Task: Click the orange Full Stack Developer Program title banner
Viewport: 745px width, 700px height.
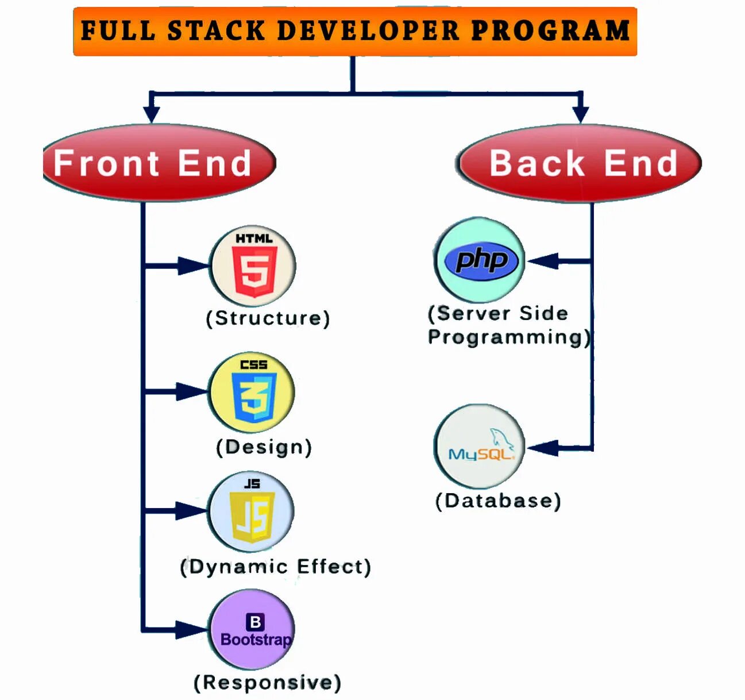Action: [x=355, y=32]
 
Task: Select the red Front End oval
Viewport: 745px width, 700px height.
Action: [x=159, y=163]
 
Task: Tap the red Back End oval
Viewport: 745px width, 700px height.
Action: [x=580, y=163]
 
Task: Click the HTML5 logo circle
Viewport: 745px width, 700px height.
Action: [x=253, y=266]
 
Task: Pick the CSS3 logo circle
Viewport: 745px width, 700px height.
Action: [x=252, y=392]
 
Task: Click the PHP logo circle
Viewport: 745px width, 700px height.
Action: [x=480, y=260]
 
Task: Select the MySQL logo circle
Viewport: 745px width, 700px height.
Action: [x=480, y=447]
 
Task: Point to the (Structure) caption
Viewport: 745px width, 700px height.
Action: [x=268, y=318]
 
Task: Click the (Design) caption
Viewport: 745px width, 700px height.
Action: [x=264, y=447]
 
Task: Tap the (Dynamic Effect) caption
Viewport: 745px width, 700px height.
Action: [x=276, y=567]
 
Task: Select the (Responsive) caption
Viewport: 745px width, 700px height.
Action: [x=268, y=683]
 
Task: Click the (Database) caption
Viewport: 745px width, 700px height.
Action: [x=498, y=501]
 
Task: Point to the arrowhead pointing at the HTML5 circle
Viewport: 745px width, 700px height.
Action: [x=192, y=266]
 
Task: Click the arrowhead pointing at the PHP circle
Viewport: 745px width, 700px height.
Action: [x=543, y=261]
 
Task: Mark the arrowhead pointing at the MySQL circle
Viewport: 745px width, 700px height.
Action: [x=543, y=448]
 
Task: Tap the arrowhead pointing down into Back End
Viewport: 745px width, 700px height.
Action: [x=580, y=113]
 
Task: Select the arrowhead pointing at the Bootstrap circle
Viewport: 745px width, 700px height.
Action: [x=191, y=629]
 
